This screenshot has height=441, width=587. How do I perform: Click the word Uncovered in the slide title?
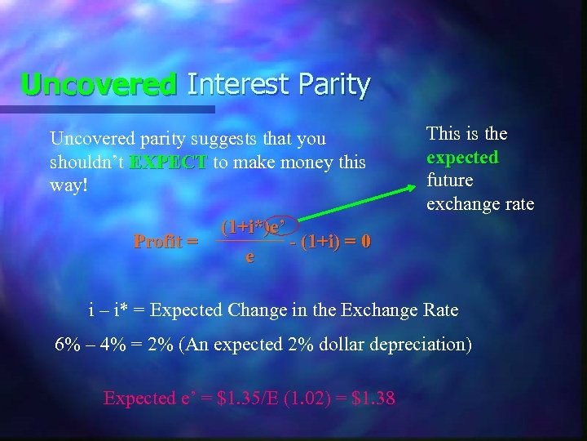click(x=99, y=83)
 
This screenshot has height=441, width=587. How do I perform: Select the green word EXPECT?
click(x=169, y=162)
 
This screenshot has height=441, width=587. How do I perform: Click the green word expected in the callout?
click(x=462, y=156)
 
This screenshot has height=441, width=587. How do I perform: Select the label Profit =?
click(x=166, y=241)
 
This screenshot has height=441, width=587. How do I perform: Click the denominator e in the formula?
click(x=249, y=257)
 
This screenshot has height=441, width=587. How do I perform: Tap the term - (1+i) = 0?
click(x=331, y=241)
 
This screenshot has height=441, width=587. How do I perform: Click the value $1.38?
click(x=373, y=398)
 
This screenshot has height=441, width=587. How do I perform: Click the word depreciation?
click(x=416, y=344)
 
